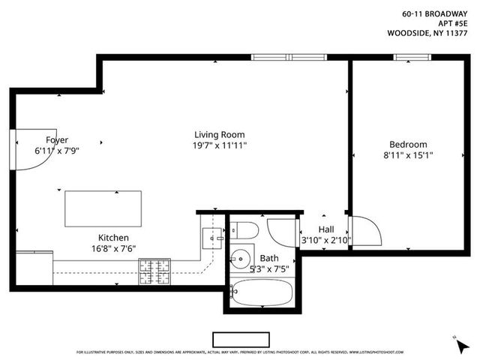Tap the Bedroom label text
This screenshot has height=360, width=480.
[408, 145]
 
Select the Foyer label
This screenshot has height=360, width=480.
[57, 139]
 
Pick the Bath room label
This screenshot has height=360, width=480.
[269, 257]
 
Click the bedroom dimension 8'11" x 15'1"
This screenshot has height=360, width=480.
[408, 155]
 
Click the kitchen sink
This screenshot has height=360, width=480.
[213, 237]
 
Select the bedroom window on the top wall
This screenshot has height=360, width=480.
[407, 56]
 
